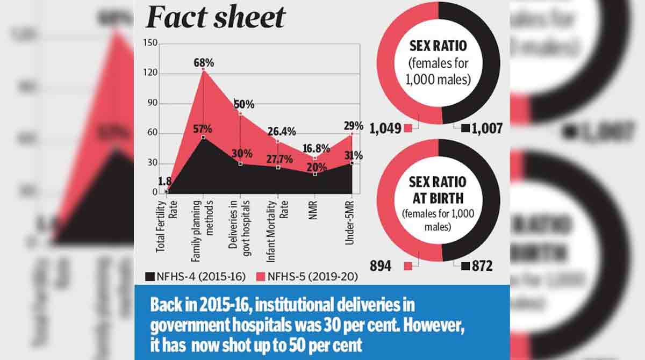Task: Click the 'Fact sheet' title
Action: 215,17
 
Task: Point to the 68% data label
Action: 204,63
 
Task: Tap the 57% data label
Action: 203,129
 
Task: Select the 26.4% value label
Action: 279,132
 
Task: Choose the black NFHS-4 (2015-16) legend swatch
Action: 150,277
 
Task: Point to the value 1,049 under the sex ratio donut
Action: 386,128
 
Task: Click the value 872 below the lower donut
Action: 482,266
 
